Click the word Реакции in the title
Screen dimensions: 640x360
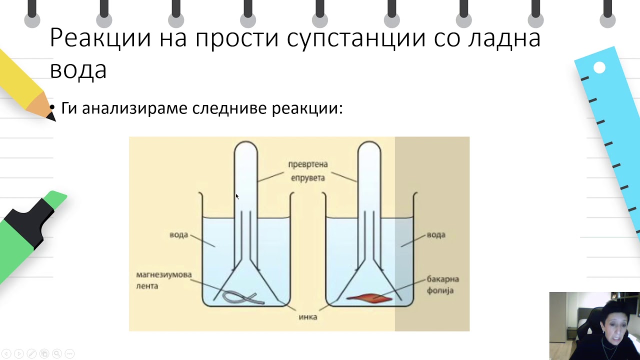[100, 38]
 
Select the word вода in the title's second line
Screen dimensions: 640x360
[78, 69]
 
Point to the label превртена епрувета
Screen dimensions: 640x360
[307, 171]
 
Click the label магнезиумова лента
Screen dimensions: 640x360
[163, 280]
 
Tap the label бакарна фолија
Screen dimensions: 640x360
[442, 284]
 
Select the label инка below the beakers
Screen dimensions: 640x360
[307, 317]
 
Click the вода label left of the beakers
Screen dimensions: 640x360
[178, 235]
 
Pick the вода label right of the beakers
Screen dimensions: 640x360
[435, 235]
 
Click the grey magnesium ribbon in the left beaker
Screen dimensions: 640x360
[243, 297]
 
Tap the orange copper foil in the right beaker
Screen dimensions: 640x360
[369, 298]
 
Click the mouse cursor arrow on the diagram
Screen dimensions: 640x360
[237, 196]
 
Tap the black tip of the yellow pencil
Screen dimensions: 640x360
[51, 116]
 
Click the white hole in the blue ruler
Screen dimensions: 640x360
[599, 67]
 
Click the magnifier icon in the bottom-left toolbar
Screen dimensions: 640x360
[57, 353]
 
